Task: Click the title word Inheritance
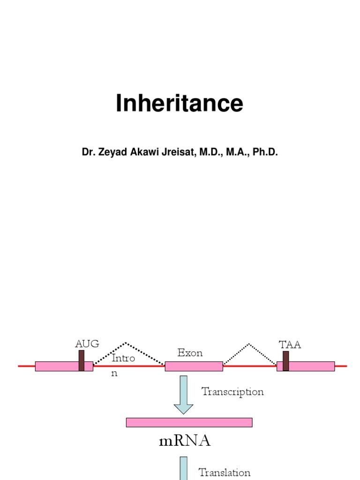pos(180,104)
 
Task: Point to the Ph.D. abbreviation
pos(265,152)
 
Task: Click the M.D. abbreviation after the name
pos(208,152)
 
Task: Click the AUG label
pos(87,344)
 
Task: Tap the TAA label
pos(290,345)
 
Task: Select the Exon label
pos(190,353)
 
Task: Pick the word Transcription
pos(232,391)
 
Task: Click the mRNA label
pos(185,441)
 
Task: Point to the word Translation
pos(224,472)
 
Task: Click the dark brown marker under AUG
pos(82,360)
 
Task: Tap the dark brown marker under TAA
pos(285,361)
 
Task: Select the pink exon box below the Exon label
pos(194,366)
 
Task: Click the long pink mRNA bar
pos(189,422)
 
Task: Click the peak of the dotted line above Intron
pos(125,343)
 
